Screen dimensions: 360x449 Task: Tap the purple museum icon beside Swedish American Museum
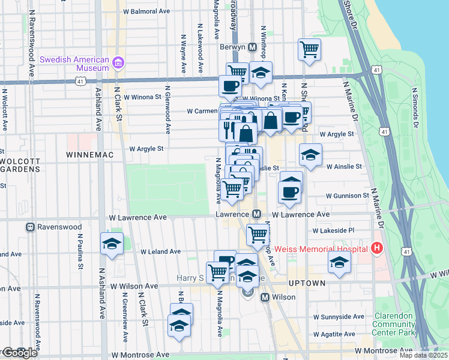click(x=118, y=63)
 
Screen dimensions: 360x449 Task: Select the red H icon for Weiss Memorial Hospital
click(x=376, y=247)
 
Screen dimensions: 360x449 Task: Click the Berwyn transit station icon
click(x=253, y=47)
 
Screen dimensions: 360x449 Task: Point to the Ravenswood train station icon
click(x=29, y=227)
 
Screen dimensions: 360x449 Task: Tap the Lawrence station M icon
click(x=256, y=214)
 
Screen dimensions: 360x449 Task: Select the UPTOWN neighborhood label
click(x=307, y=283)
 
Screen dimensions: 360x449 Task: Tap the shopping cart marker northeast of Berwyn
click(x=309, y=50)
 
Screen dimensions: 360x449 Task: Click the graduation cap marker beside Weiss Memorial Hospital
click(x=339, y=262)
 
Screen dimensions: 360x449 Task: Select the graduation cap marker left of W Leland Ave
click(x=112, y=244)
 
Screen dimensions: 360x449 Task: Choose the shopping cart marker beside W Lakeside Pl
click(x=258, y=234)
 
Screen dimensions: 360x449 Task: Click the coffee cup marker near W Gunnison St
click(x=290, y=192)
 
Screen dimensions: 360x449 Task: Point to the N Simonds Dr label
click(x=414, y=108)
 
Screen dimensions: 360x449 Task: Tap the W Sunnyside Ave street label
click(x=339, y=316)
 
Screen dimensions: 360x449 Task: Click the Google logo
click(x=19, y=353)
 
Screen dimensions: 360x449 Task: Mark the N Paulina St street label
click(x=78, y=253)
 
